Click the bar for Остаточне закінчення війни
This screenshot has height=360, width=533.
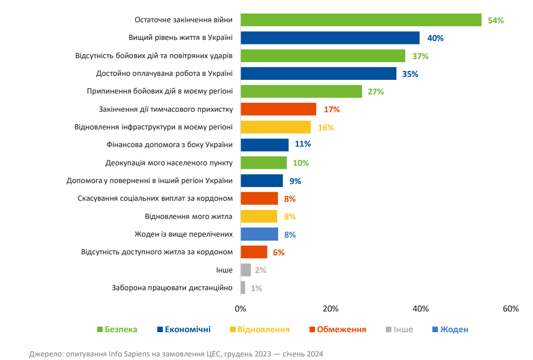tap(361, 20)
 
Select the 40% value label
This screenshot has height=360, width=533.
tap(436, 38)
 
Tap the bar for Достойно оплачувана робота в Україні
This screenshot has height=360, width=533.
tap(318, 74)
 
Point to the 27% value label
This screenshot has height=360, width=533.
tap(376, 92)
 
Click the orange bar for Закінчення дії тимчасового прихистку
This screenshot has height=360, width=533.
tap(278, 109)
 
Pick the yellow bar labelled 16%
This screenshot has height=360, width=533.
tap(276, 127)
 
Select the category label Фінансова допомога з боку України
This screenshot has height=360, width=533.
tap(169, 145)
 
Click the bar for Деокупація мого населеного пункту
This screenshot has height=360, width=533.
tap(263, 163)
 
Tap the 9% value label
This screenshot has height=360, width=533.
tap(295, 181)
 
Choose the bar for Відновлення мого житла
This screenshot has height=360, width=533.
tap(259, 216)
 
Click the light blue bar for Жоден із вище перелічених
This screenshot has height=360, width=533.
tap(259, 234)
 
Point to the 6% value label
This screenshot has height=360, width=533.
tap(279, 252)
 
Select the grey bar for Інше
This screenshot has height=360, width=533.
tap(246, 270)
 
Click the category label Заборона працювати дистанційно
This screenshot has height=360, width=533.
tap(172, 288)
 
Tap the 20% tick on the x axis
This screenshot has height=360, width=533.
tap(330, 308)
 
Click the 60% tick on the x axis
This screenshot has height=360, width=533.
tap(510, 308)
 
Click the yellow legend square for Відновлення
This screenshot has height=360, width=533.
tap(233, 330)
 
